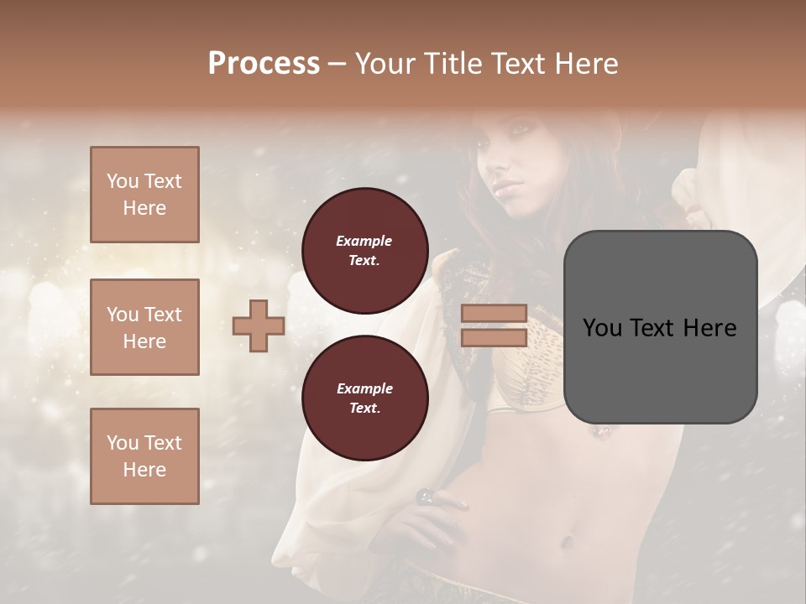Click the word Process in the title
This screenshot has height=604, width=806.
point(264,64)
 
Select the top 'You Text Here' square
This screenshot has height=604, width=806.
point(144,195)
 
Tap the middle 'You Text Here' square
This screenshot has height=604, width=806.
point(144,327)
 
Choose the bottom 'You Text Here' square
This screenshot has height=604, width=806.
point(144,456)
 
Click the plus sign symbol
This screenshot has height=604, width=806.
point(259,325)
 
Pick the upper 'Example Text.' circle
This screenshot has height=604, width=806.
point(364,251)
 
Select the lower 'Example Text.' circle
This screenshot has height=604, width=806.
point(364,398)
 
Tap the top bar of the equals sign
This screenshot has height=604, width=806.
point(494,314)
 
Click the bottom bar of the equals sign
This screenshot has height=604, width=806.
point(494,337)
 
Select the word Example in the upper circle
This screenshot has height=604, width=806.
point(364,242)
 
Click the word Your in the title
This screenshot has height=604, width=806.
point(382,64)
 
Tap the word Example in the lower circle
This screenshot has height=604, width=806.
point(364,388)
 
